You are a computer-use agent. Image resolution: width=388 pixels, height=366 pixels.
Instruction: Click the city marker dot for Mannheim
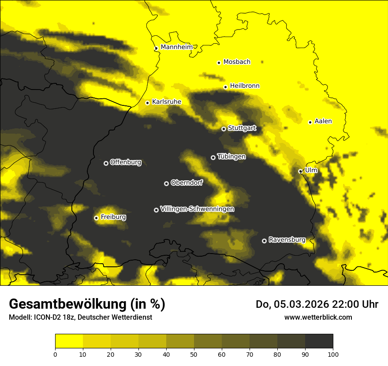pyautogui.click(x=156, y=49)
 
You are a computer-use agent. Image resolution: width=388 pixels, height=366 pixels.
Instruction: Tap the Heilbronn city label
pyautogui.click(x=245, y=86)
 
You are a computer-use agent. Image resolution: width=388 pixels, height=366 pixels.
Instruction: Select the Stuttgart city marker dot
pyautogui.click(x=224, y=129)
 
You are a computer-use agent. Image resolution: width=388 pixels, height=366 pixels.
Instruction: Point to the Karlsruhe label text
pyautogui.click(x=167, y=102)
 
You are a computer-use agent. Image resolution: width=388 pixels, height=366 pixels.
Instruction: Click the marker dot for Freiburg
pyautogui.click(x=96, y=218)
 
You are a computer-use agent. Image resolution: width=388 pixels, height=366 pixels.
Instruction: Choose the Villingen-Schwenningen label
pyautogui.click(x=198, y=209)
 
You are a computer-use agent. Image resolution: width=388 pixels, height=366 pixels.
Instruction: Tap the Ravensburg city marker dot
pyautogui.click(x=264, y=241)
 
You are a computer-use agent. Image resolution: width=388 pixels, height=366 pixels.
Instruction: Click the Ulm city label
pyautogui.click(x=311, y=170)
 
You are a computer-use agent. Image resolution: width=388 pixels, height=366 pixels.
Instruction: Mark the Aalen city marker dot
pyautogui.click(x=310, y=122)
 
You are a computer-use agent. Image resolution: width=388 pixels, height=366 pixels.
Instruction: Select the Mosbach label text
pyautogui.click(x=237, y=62)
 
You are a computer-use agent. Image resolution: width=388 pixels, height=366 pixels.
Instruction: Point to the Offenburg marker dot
pyautogui.click(x=106, y=163)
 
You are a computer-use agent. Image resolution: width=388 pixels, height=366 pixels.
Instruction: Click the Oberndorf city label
pyautogui.click(x=187, y=183)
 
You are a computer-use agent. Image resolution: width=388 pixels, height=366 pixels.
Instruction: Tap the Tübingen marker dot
pyautogui.click(x=213, y=157)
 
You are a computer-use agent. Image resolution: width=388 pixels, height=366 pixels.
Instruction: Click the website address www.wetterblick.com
pyautogui.click(x=318, y=317)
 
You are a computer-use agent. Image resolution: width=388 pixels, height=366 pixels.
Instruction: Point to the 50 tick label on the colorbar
pyautogui.click(x=194, y=354)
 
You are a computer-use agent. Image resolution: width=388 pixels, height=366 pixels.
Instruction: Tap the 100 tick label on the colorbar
pyautogui.click(x=333, y=354)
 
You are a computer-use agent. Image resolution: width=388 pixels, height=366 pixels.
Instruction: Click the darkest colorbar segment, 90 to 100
pyautogui.click(x=319, y=341)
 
